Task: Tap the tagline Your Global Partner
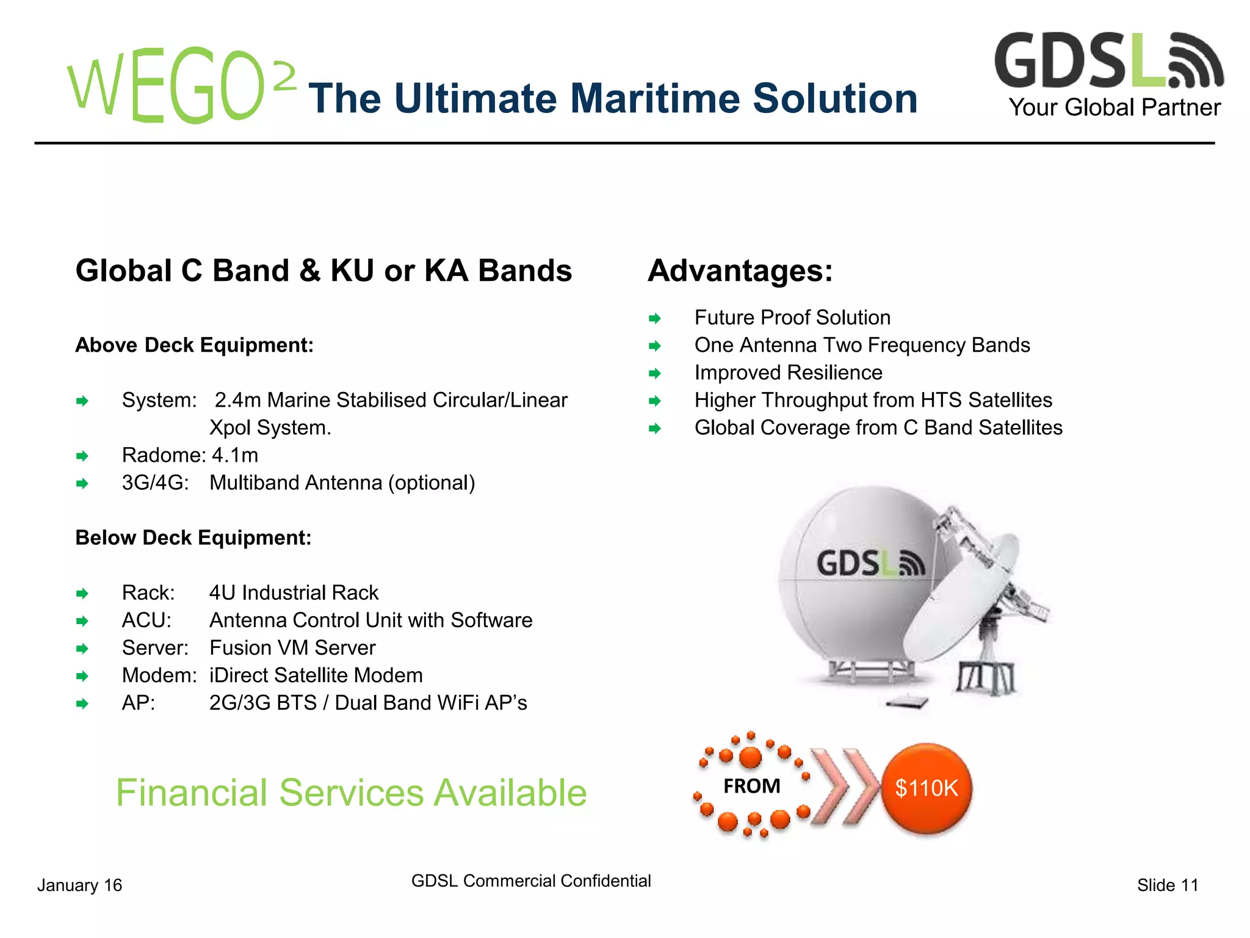[1114, 107]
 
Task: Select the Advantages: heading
[740, 271]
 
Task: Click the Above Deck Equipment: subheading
[194, 345]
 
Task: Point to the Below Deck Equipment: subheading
[193, 537]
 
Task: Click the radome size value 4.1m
[235, 455]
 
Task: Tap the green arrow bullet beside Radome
[82, 456]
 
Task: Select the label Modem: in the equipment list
[159, 675]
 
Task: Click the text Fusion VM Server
[292, 647]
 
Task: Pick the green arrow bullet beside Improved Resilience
[655, 373]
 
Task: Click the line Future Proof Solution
[792, 318]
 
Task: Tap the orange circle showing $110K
[927, 788]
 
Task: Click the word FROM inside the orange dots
[751, 786]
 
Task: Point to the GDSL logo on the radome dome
[870, 563]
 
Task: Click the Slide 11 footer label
[1167, 885]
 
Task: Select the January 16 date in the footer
[79, 885]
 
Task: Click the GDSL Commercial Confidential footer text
[531, 881]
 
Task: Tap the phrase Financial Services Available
[351, 793]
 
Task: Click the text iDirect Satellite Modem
[316, 675]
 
